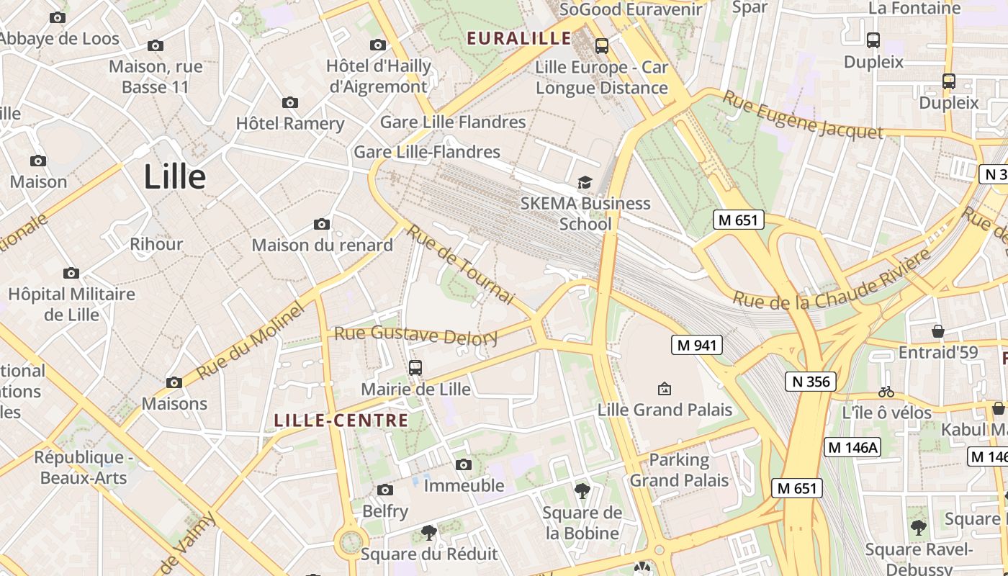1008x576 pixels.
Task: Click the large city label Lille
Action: click(175, 176)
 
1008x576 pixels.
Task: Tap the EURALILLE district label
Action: click(519, 38)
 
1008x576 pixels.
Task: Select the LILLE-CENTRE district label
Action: click(341, 420)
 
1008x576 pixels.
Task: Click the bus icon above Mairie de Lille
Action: click(415, 368)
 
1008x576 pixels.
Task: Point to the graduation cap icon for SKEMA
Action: click(585, 182)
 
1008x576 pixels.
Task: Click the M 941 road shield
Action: click(696, 346)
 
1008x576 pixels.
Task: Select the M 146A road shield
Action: click(853, 447)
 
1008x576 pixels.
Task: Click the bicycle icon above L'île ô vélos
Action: click(886, 392)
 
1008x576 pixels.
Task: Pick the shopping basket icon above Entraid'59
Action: click(937, 331)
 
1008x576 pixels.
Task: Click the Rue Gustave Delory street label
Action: click(416, 335)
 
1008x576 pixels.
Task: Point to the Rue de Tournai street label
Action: click(461, 264)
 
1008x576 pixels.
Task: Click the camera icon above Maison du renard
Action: click(322, 225)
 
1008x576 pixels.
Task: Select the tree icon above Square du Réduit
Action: click(428, 533)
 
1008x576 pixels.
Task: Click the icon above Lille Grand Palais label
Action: click(665, 389)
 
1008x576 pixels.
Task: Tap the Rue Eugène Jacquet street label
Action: click(802, 115)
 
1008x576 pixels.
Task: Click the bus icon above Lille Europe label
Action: click(602, 46)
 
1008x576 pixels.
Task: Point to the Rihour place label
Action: click(156, 244)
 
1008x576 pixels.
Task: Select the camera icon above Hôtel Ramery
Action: click(290, 103)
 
